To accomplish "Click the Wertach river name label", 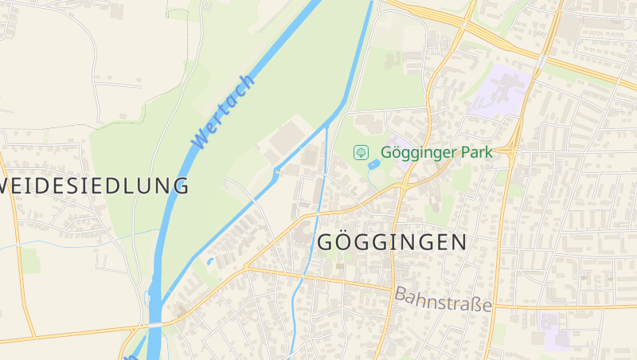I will click(x=224, y=112).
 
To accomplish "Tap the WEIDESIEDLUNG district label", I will click(x=96, y=186).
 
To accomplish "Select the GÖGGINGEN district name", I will click(x=392, y=243).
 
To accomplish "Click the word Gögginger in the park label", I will click(x=422, y=151).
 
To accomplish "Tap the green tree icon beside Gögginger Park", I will click(x=361, y=151).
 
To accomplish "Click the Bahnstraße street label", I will click(x=443, y=299).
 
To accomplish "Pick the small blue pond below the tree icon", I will click(x=373, y=164).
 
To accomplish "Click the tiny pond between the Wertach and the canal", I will click(x=210, y=260).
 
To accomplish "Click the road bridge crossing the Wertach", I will click(x=156, y=325).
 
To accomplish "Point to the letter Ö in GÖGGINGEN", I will click(x=350, y=242).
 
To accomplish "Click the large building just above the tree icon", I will click(x=368, y=123).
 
